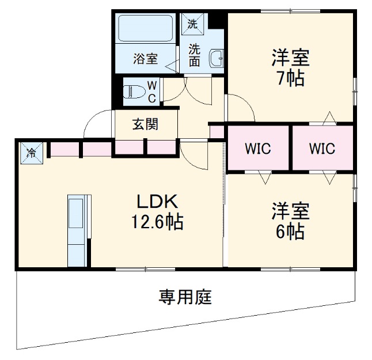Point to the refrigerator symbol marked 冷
(32, 153)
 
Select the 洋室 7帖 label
(291, 68)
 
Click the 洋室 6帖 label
(290, 221)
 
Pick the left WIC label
(257, 149)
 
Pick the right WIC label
(321, 149)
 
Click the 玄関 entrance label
(146, 124)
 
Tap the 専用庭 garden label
(185, 297)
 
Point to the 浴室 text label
(145, 58)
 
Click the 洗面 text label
(195, 55)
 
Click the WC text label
(152, 91)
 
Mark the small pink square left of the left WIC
(217, 132)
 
